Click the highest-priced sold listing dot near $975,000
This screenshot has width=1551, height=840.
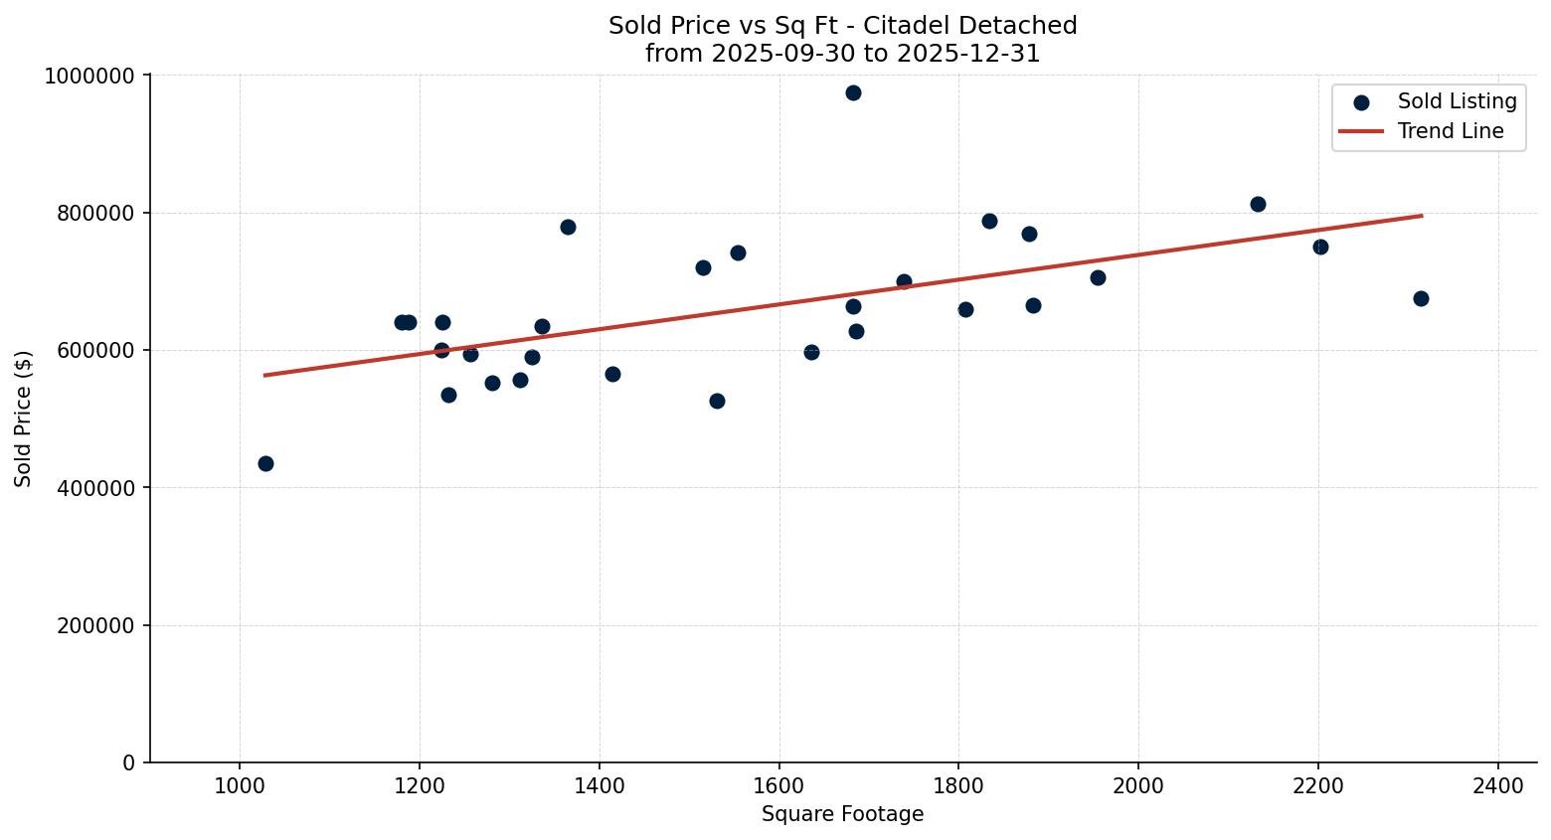coord(853,92)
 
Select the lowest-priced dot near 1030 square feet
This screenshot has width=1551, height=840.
coord(265,463)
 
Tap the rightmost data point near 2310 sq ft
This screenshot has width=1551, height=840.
coord(1421,298)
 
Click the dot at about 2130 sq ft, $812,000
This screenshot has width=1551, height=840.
coord(1258,204)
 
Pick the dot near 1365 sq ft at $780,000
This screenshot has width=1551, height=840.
coord(568,227)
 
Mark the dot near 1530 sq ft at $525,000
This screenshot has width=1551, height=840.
coord(717,401)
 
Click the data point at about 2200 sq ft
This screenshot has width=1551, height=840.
coord(1320,247)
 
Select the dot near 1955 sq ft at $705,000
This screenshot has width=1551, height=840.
coord(1098,277)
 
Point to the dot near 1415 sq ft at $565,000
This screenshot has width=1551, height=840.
coord(612,374)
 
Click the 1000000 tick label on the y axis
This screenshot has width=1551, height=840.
coord(89,76)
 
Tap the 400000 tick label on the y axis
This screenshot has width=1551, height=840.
coord(95,488)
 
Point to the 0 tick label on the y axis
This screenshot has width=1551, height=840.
coord(128,762)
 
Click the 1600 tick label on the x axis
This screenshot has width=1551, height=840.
coord(778,785)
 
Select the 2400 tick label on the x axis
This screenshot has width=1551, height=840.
coord(1498,785)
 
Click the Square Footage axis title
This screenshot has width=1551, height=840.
coord(842,814)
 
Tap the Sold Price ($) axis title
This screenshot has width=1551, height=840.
coord(24,419)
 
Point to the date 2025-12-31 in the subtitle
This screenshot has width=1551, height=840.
coord(968,54)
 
